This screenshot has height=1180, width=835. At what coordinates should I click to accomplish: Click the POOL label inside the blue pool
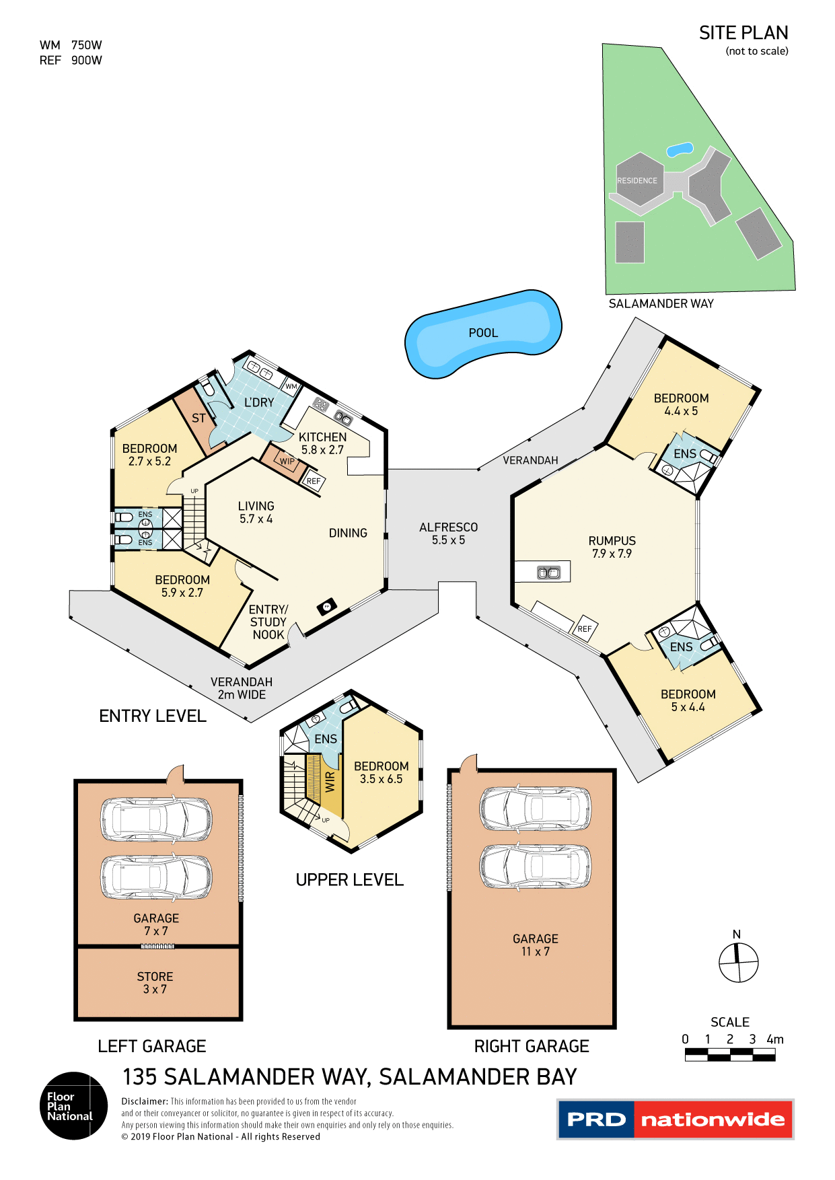pos(483,333)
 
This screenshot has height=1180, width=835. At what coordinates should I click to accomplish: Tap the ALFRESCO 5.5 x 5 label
pos(448,533)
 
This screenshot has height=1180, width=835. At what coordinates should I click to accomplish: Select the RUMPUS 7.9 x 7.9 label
pos(612,547)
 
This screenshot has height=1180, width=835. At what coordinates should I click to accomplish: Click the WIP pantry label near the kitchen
pos(287,461)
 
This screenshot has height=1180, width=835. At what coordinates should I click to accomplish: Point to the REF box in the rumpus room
pos(585,629)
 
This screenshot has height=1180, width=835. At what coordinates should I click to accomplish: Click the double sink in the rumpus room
pos(548,573)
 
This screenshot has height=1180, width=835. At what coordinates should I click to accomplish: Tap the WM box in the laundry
pos(291,386)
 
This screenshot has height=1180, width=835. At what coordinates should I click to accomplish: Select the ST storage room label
pos(198,418)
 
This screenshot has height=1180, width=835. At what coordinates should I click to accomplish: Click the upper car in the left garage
pos(156,819)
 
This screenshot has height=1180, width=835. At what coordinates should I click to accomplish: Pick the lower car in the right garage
pos(535,866)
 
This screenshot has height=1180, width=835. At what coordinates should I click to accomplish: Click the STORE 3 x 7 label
pos(155,983)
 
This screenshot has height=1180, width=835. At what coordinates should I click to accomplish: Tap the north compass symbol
pos(738,962)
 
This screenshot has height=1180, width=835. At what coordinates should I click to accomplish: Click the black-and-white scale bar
pos(730,1055)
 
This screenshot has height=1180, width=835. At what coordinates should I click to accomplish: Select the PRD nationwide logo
pos(676,1119)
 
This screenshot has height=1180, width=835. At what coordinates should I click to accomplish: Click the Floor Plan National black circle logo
pos(73,1106)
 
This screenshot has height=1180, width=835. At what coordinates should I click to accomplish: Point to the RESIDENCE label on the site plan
pos(637,180)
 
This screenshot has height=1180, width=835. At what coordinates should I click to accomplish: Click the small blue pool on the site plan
pos(680,149)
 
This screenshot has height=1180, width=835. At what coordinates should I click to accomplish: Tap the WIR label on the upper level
pos(330,782)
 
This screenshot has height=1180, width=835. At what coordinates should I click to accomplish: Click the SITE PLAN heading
pos(743,33)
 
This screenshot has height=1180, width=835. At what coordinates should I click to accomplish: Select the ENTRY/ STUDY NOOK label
pos(268,622)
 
